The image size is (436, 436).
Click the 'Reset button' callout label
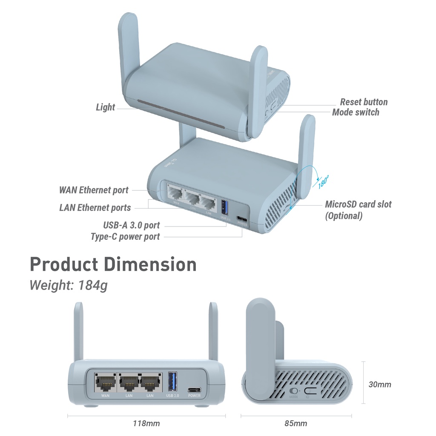click(364, 102)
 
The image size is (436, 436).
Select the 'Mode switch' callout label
click(356, 112)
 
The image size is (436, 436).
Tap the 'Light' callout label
click(105, 107)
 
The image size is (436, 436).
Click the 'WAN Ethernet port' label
click(94, 190)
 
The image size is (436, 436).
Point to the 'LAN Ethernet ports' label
click(95, 208)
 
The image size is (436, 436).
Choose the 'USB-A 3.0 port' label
click(131, 225)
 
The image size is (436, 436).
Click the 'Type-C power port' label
click(125, 237)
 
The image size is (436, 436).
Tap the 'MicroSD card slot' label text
click(358, 204)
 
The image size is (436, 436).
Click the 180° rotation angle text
click(324, 182)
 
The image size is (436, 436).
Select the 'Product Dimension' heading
click(113, 264)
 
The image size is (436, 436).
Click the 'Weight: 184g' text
click(68, 285)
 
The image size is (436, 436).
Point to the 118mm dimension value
click(146, 424)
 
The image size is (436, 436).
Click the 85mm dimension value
click(295, 424)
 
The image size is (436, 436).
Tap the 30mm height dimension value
click(379, 384)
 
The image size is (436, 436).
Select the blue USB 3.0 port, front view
click(172, 381)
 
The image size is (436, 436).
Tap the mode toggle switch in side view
click(293, 391)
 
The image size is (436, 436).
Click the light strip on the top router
click(181, 114)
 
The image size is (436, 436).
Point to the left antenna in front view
click(78, 332)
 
